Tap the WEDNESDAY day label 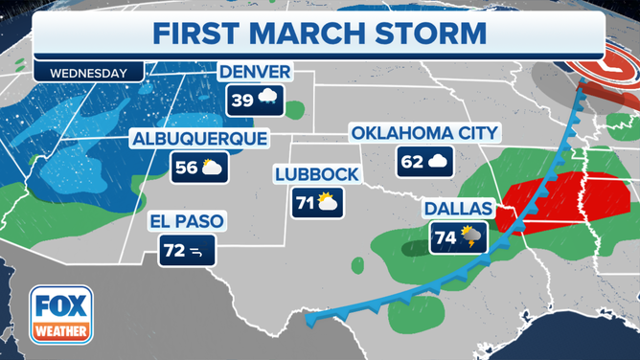click(89, 72)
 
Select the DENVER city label click(254, 73)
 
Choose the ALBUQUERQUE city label click(199, 140)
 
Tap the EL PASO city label click(186, 222)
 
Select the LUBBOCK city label click(315, 174)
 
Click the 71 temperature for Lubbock click(304, 202)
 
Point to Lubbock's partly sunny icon click(328, 202)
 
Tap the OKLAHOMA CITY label click(425, 133)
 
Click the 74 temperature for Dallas click(445, 238)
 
